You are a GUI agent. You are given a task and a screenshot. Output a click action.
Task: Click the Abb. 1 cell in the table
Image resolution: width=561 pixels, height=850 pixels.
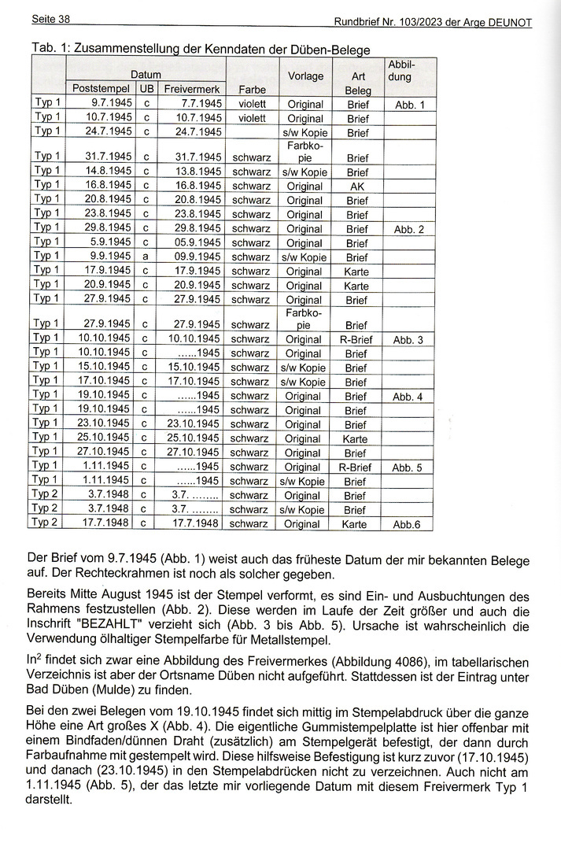[x=409, y=104]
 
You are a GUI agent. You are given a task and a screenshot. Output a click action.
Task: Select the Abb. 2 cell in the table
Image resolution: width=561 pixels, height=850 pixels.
[x=409, y=229]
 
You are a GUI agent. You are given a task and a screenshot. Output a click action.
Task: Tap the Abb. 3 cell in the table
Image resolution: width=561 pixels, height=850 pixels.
[x=408, y=339]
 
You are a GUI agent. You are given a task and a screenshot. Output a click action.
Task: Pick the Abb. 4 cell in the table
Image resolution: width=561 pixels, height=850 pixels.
[x=408, y=397]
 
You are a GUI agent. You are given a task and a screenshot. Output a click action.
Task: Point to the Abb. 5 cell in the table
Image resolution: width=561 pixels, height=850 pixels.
[x=408, y=468]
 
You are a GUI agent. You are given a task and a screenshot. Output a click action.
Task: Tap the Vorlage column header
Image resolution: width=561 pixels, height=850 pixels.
[x=305, y=76]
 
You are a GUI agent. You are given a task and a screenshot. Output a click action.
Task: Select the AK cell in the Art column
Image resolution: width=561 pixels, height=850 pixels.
[x=356, y=187]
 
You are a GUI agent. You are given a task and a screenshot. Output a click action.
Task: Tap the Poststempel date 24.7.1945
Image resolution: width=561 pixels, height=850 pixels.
[x=107, y=132]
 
